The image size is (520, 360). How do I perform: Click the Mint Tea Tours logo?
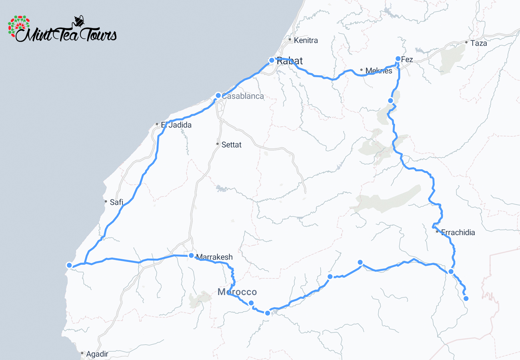[x=62, y=29]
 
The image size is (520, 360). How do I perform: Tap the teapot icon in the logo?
[x=79, y=21]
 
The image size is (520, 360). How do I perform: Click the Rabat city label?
[x=290, y=61]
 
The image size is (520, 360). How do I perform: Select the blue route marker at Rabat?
[x=272, y=60]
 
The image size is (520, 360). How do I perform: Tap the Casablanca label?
[x=243, y=96]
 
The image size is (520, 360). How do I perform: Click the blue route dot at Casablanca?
[x=218, y=95]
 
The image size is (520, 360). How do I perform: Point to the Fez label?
[x=407, y=60]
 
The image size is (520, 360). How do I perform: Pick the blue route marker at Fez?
[x=398, y=59]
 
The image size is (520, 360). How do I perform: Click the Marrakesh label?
[x=214, y=257]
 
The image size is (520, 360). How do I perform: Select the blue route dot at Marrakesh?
[x=191, y=256]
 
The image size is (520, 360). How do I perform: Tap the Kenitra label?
[x=306, y=40]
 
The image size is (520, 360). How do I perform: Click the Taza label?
[x=479, y=43]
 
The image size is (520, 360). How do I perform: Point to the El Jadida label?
[x=176, y=125]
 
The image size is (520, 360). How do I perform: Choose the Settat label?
[x=231, y=145]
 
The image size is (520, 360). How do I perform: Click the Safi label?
[x=116, y=202]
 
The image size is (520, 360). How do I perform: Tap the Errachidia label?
[x=458, y=232]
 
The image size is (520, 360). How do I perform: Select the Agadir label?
[x=97, y=354]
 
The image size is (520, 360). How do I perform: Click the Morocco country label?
[x=237, y=292]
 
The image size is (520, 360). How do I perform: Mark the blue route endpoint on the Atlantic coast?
[x=69, y=265]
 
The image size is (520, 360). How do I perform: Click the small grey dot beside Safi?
[x=106, y=201]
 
